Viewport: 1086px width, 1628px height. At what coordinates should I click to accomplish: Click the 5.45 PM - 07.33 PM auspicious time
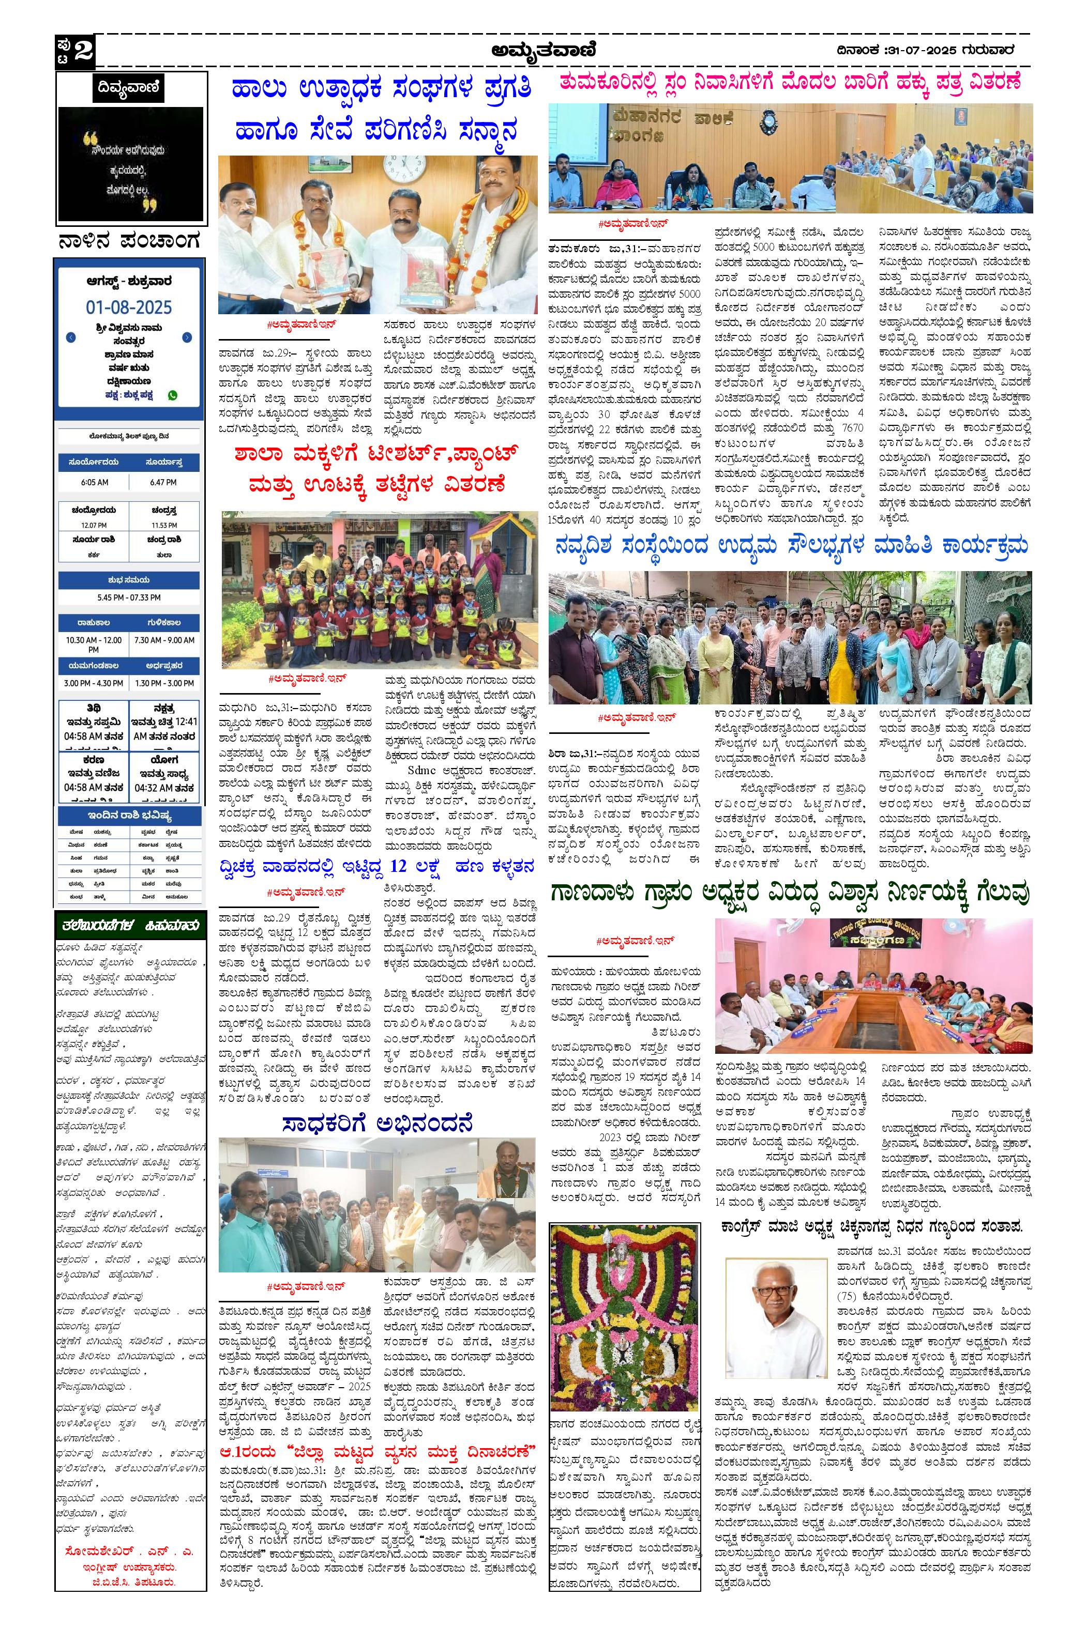[129, 596]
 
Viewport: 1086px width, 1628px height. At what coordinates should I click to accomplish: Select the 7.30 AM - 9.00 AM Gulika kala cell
[164, 640]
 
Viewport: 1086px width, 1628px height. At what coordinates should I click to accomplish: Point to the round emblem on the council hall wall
[769, 122]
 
